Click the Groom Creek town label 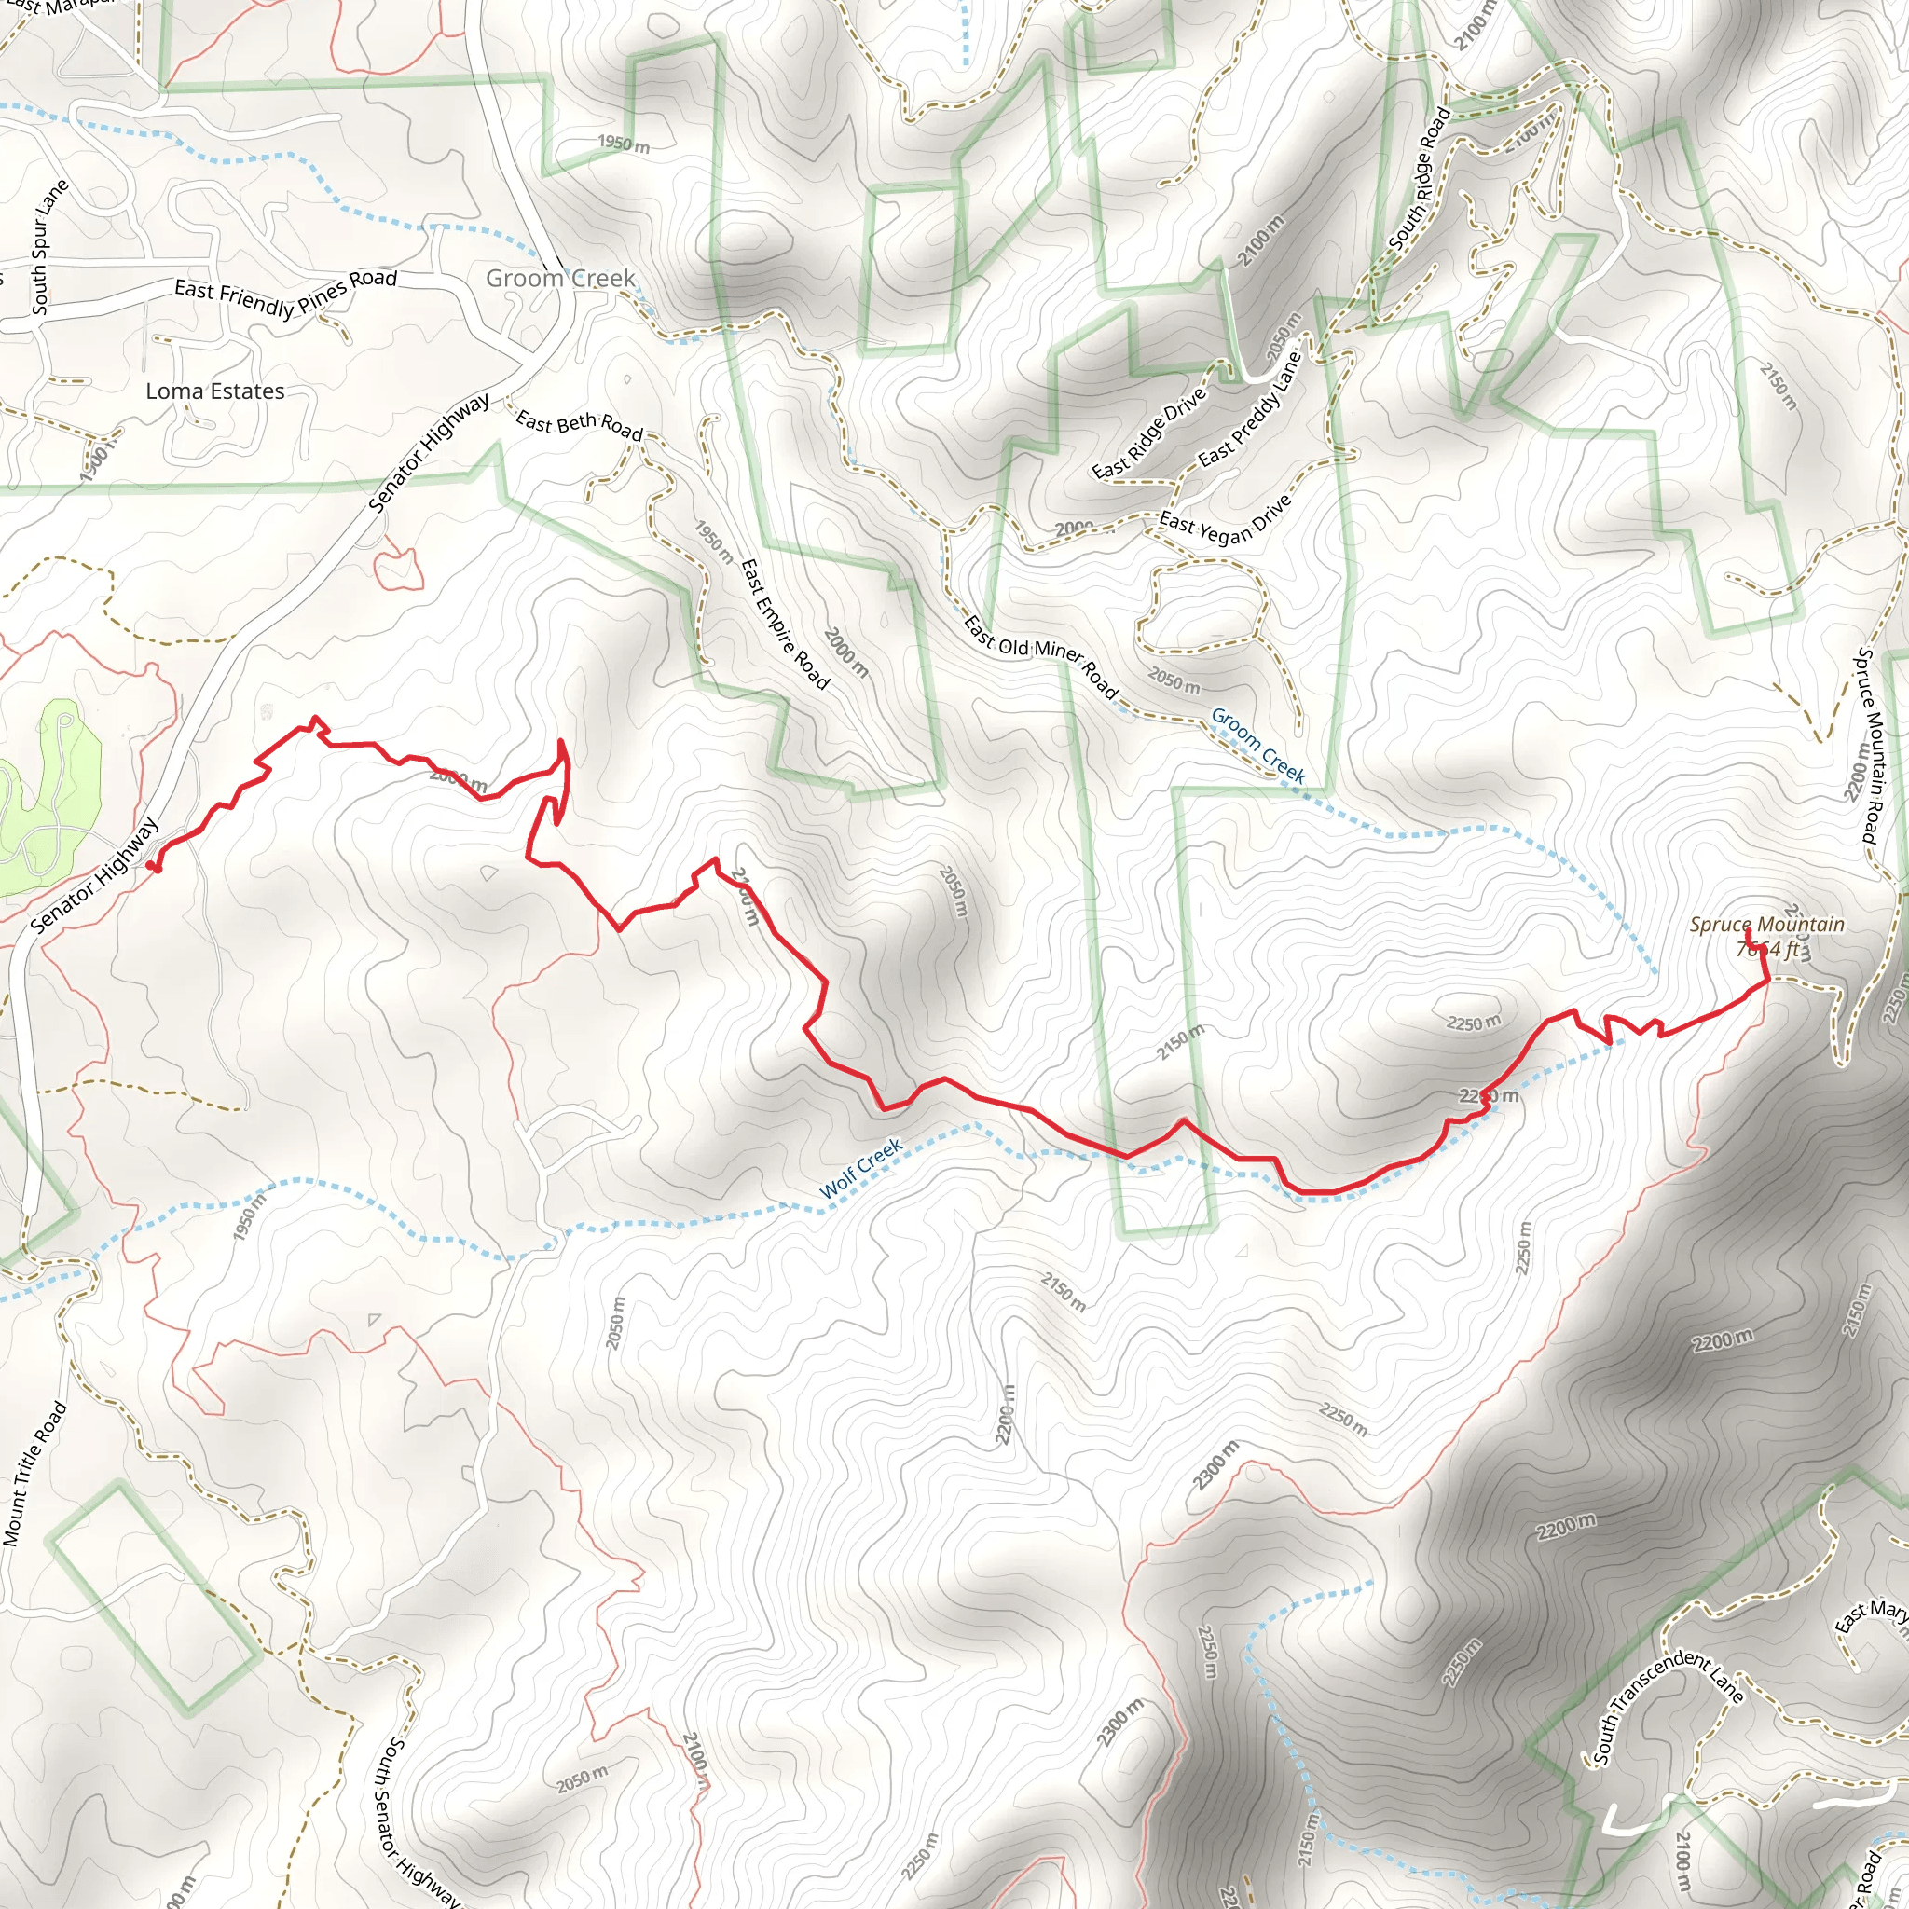click(560, 279)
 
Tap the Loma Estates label click(215, 391)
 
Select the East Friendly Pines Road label click(285, 295)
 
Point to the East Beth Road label click(579, 425)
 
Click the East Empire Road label click(786, 624)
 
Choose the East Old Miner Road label click(1040, 656)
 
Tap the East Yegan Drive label click(1225, 520)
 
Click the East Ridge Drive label click(1149, 433)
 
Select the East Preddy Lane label click(1250, 410)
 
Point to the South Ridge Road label click(1420, 179)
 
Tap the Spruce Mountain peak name click(1766, 925)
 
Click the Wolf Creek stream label click(860, 1169)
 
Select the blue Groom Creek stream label click(1257, 746)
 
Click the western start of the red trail click(150, 866)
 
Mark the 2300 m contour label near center click(1215, 1465)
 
